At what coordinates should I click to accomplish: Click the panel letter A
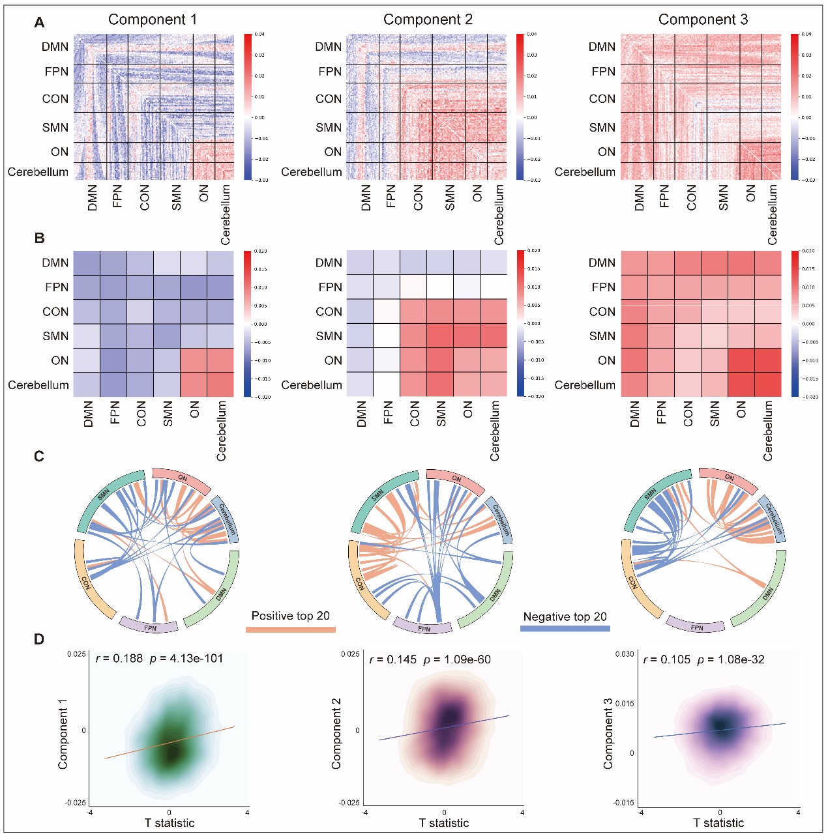39,23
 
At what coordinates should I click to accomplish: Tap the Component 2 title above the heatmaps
428,20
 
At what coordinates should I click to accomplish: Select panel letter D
39,639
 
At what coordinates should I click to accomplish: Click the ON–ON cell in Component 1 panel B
194,360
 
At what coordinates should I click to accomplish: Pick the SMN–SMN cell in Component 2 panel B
440,336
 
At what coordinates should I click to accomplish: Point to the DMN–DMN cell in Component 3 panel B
634,263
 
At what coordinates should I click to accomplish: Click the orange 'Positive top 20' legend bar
290,629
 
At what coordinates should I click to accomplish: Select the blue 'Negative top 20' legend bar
565,629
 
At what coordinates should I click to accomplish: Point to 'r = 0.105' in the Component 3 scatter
666,659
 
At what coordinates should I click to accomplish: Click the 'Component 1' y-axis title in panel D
63,734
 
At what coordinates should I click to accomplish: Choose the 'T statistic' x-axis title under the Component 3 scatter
718,823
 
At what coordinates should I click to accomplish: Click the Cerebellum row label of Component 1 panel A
38,172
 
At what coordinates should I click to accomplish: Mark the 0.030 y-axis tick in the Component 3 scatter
625,654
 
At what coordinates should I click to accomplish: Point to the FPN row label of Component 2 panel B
330,287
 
